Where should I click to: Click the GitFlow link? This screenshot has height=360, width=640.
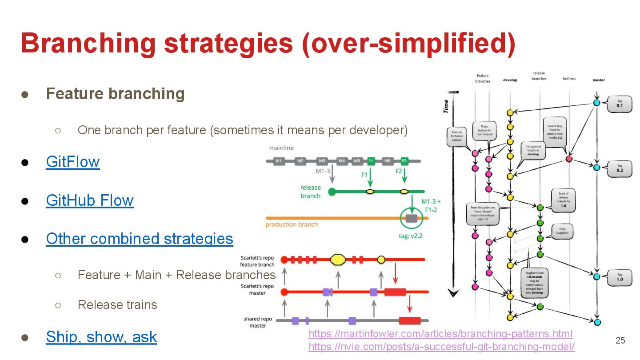point(73,162)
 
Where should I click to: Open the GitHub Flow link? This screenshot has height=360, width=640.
point(89,200)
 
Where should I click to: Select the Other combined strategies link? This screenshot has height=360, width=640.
point(139,239)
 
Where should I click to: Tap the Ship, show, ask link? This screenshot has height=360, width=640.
point(101,337)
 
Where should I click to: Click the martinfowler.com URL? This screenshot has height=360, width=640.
point(440,334)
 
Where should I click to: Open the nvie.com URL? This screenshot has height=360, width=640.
point(441,347)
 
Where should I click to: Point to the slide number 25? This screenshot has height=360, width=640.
point(620,340)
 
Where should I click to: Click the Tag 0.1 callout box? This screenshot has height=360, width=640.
point(619,103)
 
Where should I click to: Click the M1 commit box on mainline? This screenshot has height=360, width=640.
point(279,161)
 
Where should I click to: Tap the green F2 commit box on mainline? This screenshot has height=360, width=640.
point(404,161)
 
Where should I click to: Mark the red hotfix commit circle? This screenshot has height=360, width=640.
point(569,159)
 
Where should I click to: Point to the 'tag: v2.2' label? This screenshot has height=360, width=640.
point(411,236)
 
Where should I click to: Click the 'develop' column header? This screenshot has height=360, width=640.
point(510,80)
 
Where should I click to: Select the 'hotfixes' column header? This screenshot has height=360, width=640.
point(569,79)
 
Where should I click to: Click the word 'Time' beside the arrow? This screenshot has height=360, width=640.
point(446,106)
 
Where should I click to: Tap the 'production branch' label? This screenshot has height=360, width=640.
point(292,224)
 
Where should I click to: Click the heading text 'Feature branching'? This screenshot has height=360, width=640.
point(115,94)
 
